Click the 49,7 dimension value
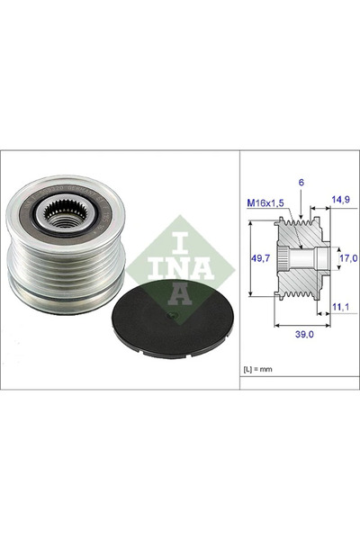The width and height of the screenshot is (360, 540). pos(260,257)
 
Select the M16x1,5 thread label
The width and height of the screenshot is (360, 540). pos(265,203)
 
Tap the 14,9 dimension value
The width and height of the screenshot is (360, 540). pos(340,199)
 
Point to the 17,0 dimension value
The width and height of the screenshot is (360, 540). pos(348,258)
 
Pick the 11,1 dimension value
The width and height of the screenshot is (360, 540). pos(340,306)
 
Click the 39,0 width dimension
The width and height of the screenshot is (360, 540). pos(304,334)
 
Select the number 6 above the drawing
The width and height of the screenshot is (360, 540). pos(301,183)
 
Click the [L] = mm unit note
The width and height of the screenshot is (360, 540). pos(257,369)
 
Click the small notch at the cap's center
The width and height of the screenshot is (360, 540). pos(172,314)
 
